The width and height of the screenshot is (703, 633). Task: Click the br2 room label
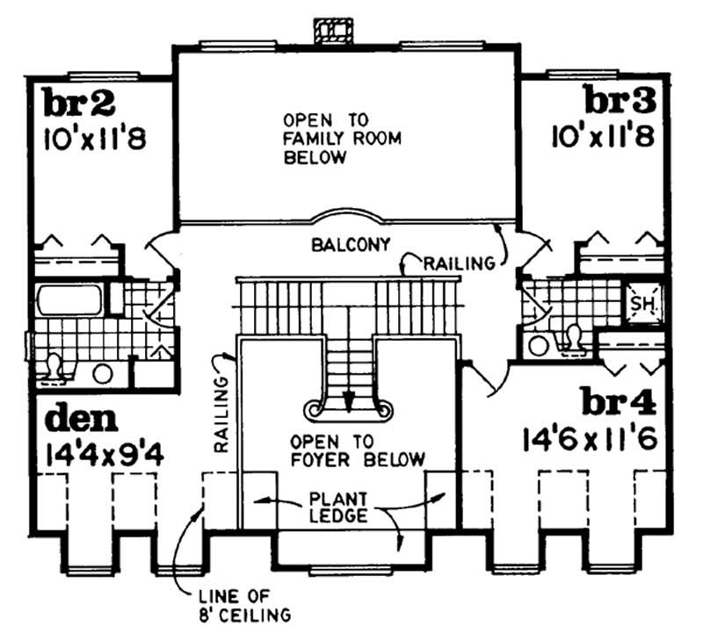(x=79, y=104)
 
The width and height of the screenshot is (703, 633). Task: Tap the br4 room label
(x=619, y=402)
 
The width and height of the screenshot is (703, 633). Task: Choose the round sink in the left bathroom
(x=103, y=374)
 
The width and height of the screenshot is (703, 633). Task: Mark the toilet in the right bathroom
(x=574, y=336)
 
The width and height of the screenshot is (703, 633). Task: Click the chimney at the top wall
(x=331, y=31)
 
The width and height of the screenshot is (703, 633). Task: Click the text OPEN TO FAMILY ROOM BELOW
(x=314, y=139)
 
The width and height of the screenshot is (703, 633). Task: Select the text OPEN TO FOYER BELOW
(x=359, y=450)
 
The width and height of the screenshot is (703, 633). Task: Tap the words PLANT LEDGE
(x=338, y=508)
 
